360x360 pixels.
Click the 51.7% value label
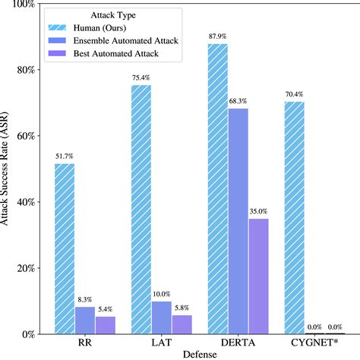pos(64,156)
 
